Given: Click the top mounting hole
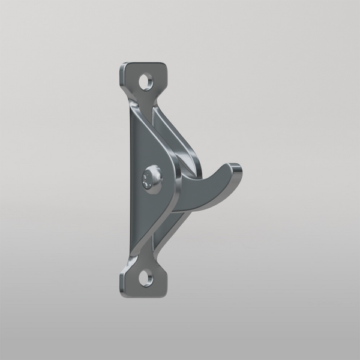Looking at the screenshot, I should click(x=145, y=80).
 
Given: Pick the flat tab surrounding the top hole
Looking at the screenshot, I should click(x=134, y=76).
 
